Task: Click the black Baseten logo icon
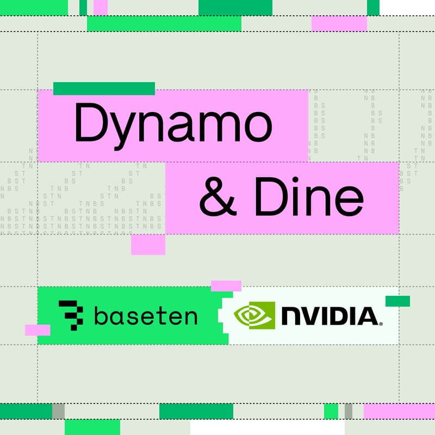coord(71,315)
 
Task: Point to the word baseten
coord(145,315)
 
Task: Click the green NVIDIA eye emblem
coord(254,316)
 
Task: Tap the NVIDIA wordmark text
coord(330,316)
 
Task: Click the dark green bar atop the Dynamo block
coord(104,88)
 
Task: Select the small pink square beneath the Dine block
coord(148,245)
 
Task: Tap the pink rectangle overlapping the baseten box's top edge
coord(226,285)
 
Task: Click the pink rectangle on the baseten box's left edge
coord(38,330)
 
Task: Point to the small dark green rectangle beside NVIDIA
coord(397,301)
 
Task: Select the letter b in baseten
coord(101,315)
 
